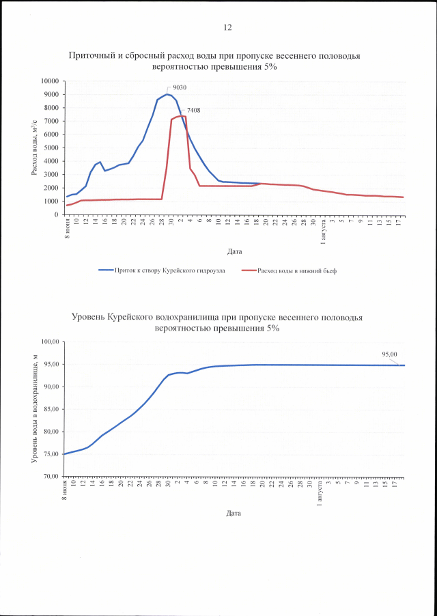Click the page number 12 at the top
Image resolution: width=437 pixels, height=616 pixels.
pos(227,27)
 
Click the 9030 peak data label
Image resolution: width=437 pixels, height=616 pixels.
pos(180,87)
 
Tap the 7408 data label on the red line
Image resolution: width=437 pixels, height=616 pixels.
pos(193,110)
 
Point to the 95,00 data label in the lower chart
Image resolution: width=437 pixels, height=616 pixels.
pos(389,354)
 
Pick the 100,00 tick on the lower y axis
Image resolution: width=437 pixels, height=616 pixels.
pos(51,341)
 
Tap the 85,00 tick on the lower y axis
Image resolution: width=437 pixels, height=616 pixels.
pos(52,409)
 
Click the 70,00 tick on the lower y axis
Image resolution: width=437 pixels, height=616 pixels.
pos(52,476)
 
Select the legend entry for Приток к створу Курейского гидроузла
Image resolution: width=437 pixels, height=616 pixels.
pos(171,270)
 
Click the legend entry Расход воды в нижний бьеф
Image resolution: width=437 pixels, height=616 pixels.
pos(296,270)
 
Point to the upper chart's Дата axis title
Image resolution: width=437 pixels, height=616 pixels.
pos(235,251)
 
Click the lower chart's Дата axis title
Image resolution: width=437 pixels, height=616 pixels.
pos(235,513)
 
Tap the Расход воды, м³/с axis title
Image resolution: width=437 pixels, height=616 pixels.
pos(35,148)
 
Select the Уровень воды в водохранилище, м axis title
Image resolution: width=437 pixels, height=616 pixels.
pos(35,409)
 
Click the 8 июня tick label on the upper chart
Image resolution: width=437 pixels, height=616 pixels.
pos(67,227)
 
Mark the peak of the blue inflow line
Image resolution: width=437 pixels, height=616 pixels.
pos(167,94)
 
